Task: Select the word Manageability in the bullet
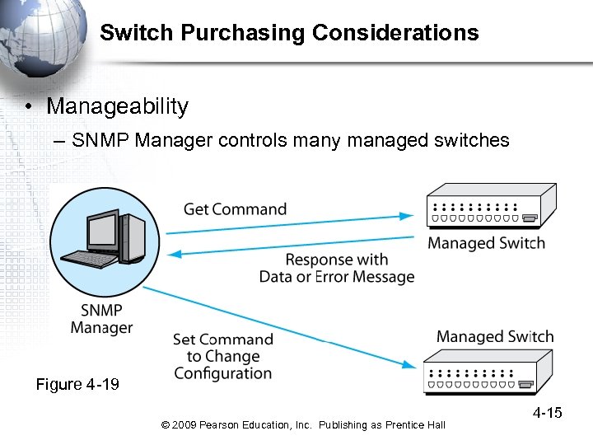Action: [117, 106]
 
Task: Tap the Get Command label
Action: [235, 209]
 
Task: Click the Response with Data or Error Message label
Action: [336, 268]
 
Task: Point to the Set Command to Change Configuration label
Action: [222, 356]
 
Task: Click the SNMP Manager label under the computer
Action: [101, 319]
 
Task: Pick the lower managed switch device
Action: [488, 372]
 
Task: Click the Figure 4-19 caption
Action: [77, 385]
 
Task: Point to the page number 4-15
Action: [547, 412]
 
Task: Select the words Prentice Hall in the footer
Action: [415, 425]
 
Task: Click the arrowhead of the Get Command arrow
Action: [407, 216]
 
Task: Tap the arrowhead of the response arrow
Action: [175, 254]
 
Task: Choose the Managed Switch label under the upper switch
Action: [486, 243]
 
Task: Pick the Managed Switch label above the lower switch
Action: [494, 336]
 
